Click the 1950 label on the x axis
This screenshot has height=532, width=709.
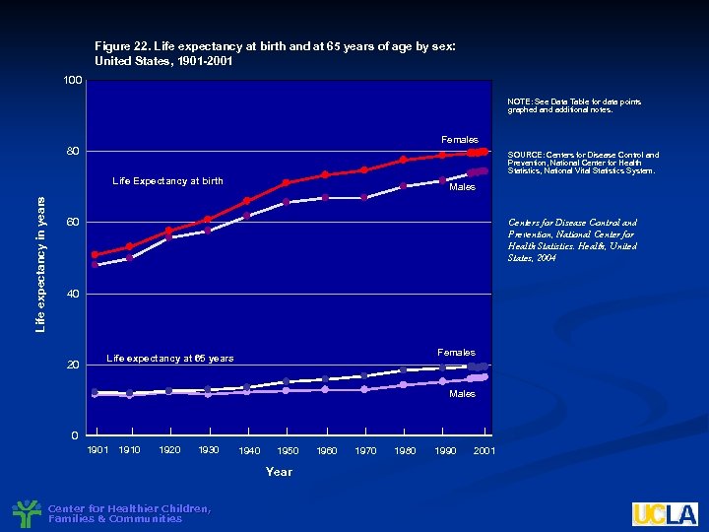[287, 451]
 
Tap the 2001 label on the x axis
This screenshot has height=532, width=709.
[483, 451]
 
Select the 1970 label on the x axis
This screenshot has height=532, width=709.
[364, 451]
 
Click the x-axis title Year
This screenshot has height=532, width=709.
[279, 472]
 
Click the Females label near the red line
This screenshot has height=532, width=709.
[459, 140]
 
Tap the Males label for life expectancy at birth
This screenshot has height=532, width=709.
[462, 187]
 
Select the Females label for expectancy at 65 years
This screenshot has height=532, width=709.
[456, 353]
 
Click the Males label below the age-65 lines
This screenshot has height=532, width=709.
[462, 394]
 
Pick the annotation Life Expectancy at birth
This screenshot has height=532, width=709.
[167, 181]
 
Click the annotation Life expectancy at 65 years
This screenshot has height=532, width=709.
[169, 359]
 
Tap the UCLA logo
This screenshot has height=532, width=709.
[665, 514]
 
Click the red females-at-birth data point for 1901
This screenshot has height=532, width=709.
[95, 255]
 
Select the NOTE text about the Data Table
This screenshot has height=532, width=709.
[560, 105]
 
